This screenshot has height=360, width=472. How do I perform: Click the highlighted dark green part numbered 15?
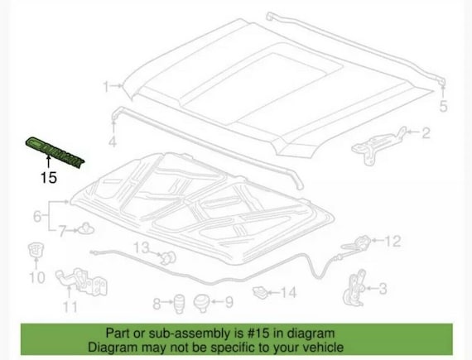pos(55,153)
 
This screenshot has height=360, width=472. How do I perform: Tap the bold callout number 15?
pos(49,177)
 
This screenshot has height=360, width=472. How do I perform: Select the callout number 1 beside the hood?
pos(106,87)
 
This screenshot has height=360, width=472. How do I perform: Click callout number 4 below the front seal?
pos(113,142)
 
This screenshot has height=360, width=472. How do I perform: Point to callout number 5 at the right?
pos(443,107)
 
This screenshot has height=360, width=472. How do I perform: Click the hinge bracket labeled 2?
pos(378,146)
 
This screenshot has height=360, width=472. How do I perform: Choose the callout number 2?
pos(426,132)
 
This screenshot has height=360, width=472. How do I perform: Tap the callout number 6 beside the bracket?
pos(37,216)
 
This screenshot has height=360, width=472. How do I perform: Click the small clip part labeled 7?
pos(86,229)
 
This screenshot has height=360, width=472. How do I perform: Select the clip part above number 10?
pos(36,250)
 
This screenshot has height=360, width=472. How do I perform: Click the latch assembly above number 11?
pos(81,281)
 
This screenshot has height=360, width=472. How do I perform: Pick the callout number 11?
pos(70,307)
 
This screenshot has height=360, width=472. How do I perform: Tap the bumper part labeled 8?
pos(179,303)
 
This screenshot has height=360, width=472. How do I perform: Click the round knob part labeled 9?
pos(201,303)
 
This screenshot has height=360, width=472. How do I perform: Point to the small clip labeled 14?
pos(260,292)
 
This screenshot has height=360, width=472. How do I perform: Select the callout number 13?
pos(141,247)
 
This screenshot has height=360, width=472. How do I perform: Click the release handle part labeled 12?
pos(356,243)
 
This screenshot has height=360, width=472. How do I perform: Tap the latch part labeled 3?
pos(355,288)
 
